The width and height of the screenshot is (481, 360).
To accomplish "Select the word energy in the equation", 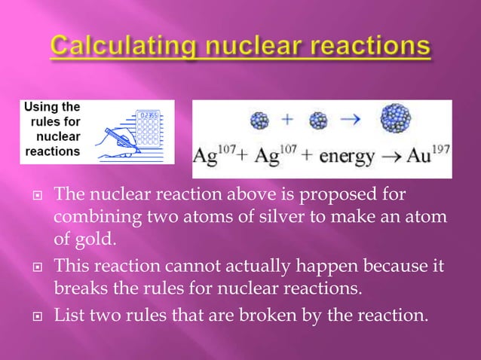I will pos(354,158).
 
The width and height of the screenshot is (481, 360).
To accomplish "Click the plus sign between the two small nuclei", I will pos(287,119).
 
